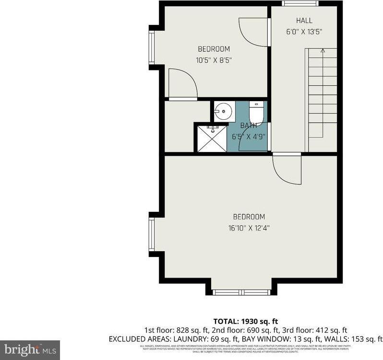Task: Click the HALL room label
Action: click(x=304, y=21)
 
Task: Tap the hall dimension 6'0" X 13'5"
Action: click(x=304, y=32)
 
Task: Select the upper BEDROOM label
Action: click(x=214, y=49)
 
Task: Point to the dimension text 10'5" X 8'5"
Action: click(x=214, y=60)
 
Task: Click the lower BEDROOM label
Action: click(x=249, y=217)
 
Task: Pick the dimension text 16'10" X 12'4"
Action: click(x=249, y=228)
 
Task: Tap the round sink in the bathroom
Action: click(x=222, y=112)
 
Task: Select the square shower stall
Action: click(x=212, y=138)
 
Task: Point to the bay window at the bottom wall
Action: click(x=241, y=292)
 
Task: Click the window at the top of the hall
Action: click(x=300, y=4)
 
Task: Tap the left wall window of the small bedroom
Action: click(x=151, y=47)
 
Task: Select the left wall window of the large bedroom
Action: click(x=151, y=234)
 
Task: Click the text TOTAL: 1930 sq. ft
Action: click(x=246, y=321)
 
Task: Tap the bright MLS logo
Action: click(x=29, y=349)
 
